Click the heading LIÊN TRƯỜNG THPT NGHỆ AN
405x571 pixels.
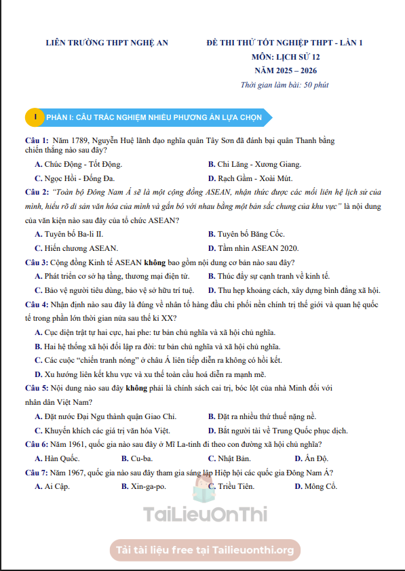(x=106, y=43)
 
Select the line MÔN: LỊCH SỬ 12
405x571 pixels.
(x=285, y=57)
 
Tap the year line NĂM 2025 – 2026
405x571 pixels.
(x=285, y=71)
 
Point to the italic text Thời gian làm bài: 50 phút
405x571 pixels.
(x=285, y=85)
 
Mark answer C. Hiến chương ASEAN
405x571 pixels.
(x=76, y=248)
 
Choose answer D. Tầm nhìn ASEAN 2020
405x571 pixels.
(x=253, y=248)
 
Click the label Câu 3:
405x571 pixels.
(x=36, y=262)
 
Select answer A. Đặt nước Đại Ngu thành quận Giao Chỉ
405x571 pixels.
(x=105, y=416)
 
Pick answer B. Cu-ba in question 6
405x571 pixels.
(x=138, y=458)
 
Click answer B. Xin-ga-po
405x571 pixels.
(x=144, y=486)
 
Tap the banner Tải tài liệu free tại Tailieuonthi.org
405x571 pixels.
(x=204, y=549)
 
